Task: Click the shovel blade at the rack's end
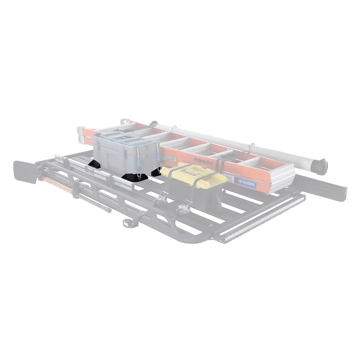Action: click(25, 172)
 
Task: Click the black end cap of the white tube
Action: click(320, 167)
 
